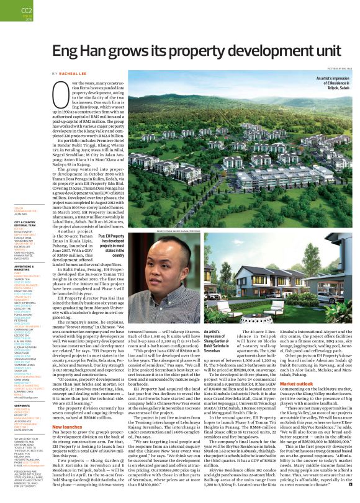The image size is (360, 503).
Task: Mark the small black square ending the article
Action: (350, 490)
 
